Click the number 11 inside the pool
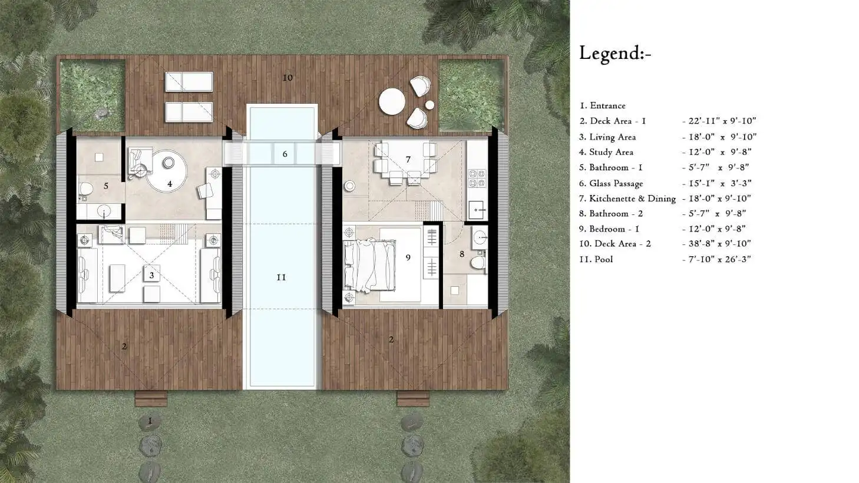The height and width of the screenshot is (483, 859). pyautogui.click(x=281, y=277)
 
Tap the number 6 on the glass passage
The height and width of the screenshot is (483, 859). pyautogui.click(x=285, y=154)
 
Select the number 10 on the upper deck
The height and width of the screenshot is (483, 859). pyautogui.click(x=288, y=78)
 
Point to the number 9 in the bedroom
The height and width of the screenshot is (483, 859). pyautogui.click(x=408, y=257)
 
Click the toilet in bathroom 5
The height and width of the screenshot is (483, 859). pyautogui.click(x=86, y=188)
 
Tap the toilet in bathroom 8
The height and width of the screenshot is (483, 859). pyautogui.click(x=478, y=263)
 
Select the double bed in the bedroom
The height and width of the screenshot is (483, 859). pyautogui.click(x=369, y=265)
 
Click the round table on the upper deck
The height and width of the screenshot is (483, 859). pyautogui.click(x=392, y=101)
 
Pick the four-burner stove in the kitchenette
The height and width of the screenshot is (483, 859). pyautogui.click(x=477, y=178)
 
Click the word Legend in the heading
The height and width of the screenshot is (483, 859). pyautogui.click(x=610, y=53)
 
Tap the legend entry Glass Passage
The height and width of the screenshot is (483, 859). pyautogui.click(x=616, y=183)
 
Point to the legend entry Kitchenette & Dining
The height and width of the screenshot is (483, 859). pyautogui.click(x=632, y=198)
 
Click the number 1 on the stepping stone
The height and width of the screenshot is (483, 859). pyautogui.click(x=150, y=421)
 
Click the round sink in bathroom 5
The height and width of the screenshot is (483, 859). pyautogui.click(x=104, y=210)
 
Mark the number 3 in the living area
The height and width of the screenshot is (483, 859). pyautogui.click(x=152, y=275)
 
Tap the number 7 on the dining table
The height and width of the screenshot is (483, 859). pyautogui.click(x=408, y=159)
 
